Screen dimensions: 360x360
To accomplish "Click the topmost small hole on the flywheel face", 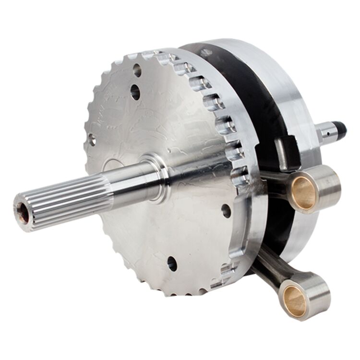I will pyautogui.click(x=137, y=71).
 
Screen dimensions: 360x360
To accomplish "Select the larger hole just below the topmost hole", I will pyautogui.click(x=135, y=92).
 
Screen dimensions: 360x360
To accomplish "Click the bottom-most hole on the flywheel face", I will pyautogui.click(x=171, y=264).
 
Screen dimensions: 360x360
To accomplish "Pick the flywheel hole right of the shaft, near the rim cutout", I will pyautogui.click(x=226, y=210).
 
